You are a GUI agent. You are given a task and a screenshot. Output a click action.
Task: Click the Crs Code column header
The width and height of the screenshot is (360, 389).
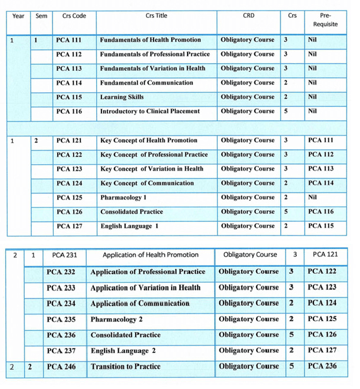tap(74, 15)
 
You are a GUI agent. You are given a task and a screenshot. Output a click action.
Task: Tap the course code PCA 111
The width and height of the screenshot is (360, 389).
tap(69, 40)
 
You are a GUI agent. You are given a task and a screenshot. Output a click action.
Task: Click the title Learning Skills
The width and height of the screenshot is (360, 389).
tap(122, 97)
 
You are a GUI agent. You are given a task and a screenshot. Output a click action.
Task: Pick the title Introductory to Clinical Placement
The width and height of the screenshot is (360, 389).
tap(150, 111)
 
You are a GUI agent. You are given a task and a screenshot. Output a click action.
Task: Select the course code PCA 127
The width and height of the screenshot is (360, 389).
tap(69, 226)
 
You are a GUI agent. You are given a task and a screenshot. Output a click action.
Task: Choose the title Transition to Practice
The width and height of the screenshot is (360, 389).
tap(125, 367)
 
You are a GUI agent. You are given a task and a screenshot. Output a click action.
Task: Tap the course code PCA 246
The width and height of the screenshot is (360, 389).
tap(61, 367)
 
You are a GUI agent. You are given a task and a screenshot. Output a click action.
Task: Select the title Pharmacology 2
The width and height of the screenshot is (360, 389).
tap(116, 319)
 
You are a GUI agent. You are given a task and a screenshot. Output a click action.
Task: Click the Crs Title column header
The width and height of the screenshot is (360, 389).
tap(156, 15)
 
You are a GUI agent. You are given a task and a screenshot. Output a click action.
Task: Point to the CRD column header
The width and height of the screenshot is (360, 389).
tap(248, 15)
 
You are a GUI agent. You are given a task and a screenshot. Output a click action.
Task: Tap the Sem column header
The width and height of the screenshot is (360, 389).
tap(41, 15)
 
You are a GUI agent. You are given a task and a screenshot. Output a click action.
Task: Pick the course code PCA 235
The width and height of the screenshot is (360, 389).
tap(61, 319)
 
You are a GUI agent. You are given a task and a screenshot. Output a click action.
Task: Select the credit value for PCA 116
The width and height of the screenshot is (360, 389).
tap(286, 111)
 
